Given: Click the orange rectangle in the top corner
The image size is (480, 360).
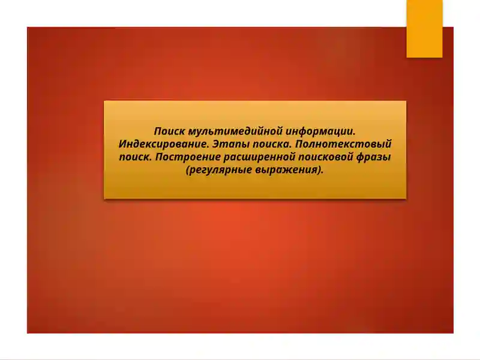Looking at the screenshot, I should pos(424,28).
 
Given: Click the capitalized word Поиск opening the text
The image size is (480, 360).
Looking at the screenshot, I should pos(169,131).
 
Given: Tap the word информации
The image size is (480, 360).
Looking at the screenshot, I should pos(321,131).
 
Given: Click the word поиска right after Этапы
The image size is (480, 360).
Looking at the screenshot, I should pos(269,145).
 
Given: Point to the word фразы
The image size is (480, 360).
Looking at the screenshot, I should pos(376,157).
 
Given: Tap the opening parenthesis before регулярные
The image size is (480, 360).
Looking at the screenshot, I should pos(188,170).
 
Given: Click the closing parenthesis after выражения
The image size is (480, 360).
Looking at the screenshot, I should pos(317,170).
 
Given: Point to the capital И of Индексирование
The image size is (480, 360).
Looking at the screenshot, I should pos(123,144).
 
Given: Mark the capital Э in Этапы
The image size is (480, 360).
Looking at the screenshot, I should pos(217,144).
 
